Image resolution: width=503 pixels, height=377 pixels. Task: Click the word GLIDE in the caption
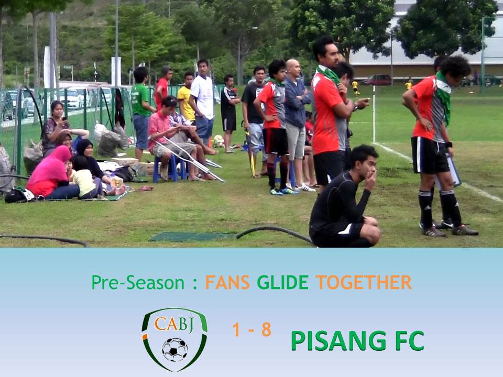coord(282,283)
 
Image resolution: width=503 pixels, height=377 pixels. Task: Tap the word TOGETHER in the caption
coord(363,283)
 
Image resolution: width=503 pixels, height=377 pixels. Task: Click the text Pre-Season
coord(138,283)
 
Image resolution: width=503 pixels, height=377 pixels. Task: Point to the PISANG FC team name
coord(357,341)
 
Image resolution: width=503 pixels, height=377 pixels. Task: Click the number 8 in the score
coord(266,330)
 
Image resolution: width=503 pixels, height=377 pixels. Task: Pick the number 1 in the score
coord(236,330)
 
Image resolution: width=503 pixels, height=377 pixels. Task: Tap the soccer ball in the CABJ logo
coord(174,349)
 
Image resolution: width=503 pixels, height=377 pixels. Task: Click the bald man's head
coord(293,68)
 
